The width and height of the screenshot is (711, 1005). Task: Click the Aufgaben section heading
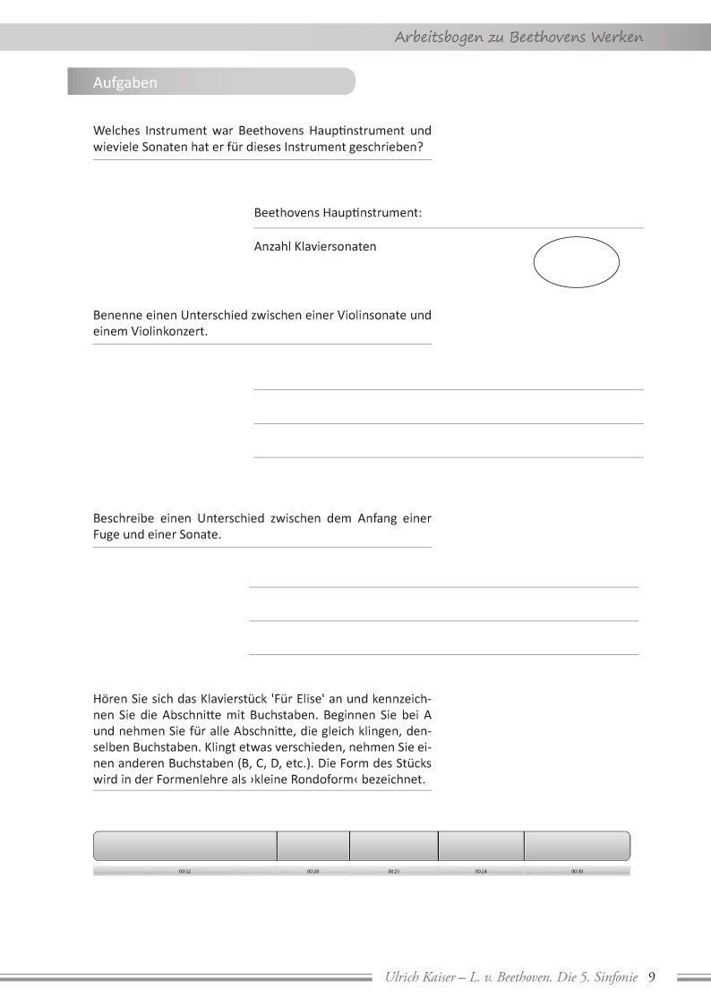coord(125,82)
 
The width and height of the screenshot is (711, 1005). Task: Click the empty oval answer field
coord(577,263)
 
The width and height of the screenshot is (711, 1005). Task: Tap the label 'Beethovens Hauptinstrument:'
coord(338,214)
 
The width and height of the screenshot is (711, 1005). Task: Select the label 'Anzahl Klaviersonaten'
coord(315,246)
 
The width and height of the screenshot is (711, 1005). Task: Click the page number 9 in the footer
coord(652,976)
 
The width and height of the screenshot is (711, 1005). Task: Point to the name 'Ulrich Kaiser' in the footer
coord(417,977)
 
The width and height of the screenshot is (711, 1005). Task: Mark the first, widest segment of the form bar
coord(185,846)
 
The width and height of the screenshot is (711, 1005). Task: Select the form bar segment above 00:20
coord(313,846)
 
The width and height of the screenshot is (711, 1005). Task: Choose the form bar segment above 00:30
coord(577,846)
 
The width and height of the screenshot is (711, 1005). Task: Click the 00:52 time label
coord(184,871)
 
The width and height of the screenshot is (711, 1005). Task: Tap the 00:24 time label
coord(481,871)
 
